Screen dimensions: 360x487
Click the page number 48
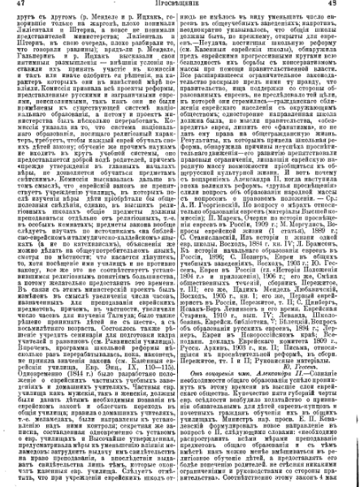(x=348, y=5)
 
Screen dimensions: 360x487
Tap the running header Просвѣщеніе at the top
(x=180, y=5)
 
